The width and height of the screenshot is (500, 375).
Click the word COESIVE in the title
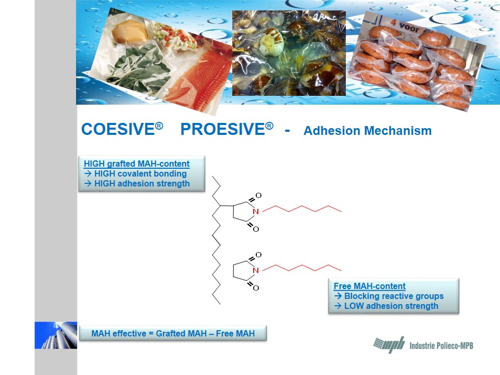pos(118,129)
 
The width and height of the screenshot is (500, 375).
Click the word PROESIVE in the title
pos(223,129)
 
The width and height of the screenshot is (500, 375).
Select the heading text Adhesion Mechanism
pos(367,131)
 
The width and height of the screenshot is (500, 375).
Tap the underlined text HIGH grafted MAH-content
pos(136,164)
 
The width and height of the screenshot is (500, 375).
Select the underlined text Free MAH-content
pos(370,286)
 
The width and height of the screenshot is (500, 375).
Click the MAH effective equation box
pos(173,333)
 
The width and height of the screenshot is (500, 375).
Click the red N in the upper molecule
pos(255,211)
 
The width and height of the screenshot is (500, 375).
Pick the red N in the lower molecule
pos(255,270)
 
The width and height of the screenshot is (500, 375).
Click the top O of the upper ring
pos(259,195)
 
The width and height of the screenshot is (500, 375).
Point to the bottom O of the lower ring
pos(256,288)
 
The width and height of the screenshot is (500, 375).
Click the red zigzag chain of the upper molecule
pos(302,209)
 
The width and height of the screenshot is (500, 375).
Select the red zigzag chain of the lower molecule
pos(302,268)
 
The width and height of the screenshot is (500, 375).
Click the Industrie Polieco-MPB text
pos(441,345)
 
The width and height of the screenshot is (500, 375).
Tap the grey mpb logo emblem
pos(389,344)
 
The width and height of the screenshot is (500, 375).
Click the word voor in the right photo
pos(409,27)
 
